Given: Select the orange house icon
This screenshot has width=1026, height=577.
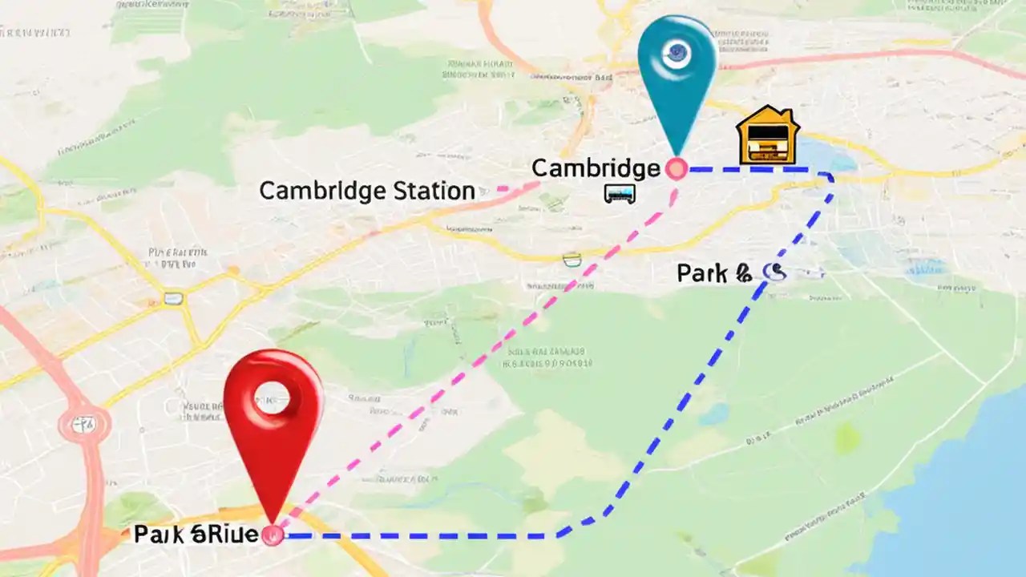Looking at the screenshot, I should tap(767, 136).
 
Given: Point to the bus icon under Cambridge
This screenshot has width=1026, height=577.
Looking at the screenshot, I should tap(620, 193).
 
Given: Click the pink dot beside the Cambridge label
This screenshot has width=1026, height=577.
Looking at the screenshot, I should tap(677, 168).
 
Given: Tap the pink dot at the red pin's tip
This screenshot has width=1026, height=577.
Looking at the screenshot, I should tap(273, 535).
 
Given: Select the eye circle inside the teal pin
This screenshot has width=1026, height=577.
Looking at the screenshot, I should tap(676, 53).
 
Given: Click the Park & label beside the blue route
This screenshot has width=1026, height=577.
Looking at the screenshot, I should tap(714, 273).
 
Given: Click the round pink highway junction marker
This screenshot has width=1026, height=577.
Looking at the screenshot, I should tap(83, 424).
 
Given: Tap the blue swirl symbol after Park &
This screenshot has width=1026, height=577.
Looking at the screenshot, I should tap(774, 272).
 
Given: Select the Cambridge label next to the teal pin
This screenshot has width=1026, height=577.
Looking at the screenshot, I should tap(596, 168).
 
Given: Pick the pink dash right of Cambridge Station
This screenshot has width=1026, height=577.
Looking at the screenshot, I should tap(504, 189).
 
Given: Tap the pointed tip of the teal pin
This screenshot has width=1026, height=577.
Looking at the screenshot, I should tap(677, 154).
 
